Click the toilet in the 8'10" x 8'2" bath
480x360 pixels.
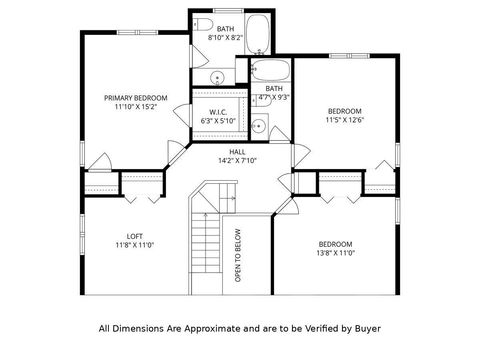[x=203, y=23]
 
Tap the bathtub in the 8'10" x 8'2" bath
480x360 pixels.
[x=258, y=33]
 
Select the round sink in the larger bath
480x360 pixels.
[x=216, y=79]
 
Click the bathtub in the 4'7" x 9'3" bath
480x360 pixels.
[x=269, y=71]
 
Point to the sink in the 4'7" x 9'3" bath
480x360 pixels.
[x=258, y=125]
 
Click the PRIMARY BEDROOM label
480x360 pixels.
[x=136, y=97]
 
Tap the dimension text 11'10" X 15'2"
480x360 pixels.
[x=136, y=107]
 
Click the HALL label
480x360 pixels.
[x=237, y=151]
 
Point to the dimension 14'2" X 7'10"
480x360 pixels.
[x=237, y=161]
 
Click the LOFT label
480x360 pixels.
[x=134, y=235]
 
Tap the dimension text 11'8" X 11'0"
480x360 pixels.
[x=134, y=245]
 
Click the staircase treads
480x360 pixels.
[x=205, y=250]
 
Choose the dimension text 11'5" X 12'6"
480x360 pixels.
[x=344, y=120]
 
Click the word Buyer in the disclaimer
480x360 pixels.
[x=364, y=328]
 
